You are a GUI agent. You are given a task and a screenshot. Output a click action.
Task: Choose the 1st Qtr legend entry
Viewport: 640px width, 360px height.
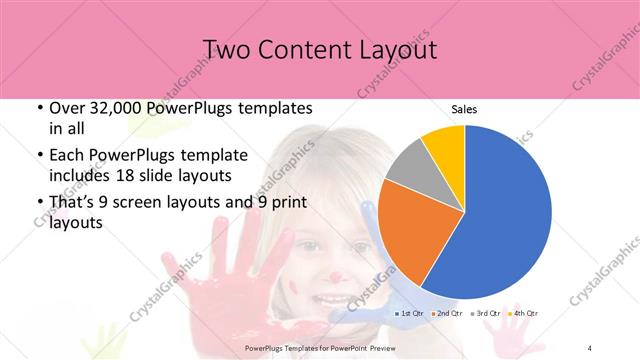tap(410, 315)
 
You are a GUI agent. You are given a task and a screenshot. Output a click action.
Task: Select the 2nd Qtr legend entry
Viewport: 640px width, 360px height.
tap(446, 315)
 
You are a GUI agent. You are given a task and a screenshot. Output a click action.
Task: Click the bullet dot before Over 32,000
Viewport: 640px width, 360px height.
tap(38, 108)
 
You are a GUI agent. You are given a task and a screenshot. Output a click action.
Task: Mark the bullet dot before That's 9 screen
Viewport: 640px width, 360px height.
tap(38, 202)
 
